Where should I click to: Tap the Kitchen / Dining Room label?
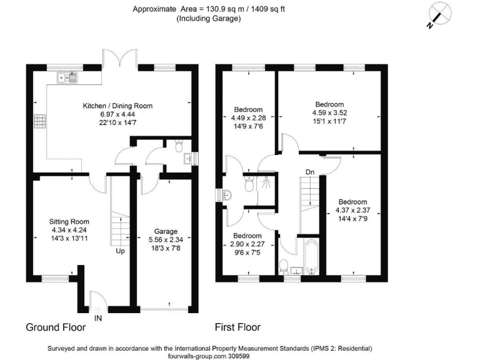point(118,106)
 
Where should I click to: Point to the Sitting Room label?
point(69,221)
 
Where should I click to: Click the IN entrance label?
point(97,317)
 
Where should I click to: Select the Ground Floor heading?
point(56,327)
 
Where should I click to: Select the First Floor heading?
point(237,327)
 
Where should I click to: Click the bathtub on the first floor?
point(311,256)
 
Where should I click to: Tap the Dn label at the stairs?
point(310,171)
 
